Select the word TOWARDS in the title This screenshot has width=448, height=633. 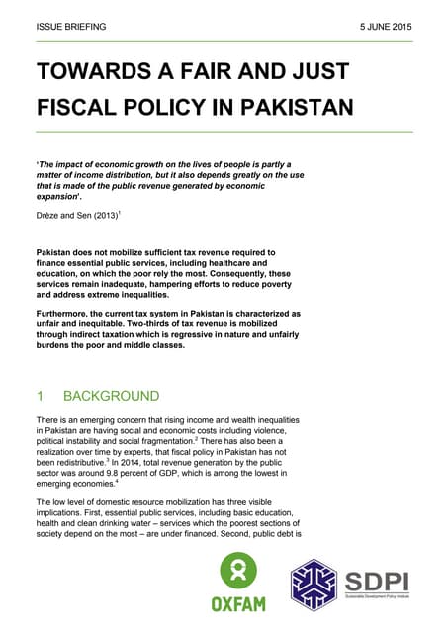pos(91,72)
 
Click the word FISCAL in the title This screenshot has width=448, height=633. pos(78,106)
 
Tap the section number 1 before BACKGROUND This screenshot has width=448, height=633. pos(40,396)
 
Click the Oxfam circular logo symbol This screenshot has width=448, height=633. pos(237,571)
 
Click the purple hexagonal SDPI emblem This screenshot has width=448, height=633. pos(312,584)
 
